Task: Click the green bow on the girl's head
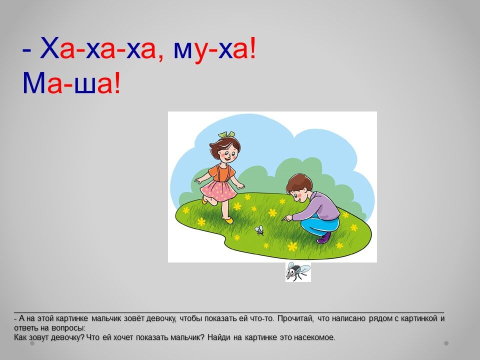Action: click(x=226, y=134)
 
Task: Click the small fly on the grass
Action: click(x=259, y=230)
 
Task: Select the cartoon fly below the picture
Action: click(x=298, y=271)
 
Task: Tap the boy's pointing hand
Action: click(x=286, y=218)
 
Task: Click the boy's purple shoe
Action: click(x=324, y=238)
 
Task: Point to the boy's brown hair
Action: click(x=299, y=183)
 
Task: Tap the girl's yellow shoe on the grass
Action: click(x=228, y=220)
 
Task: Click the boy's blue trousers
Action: click(x=320, y=225)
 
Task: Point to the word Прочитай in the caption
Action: click(x=295, y=318)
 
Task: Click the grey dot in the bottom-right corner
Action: click(x=446, y=343)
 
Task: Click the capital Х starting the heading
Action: click(x=49, y=48)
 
